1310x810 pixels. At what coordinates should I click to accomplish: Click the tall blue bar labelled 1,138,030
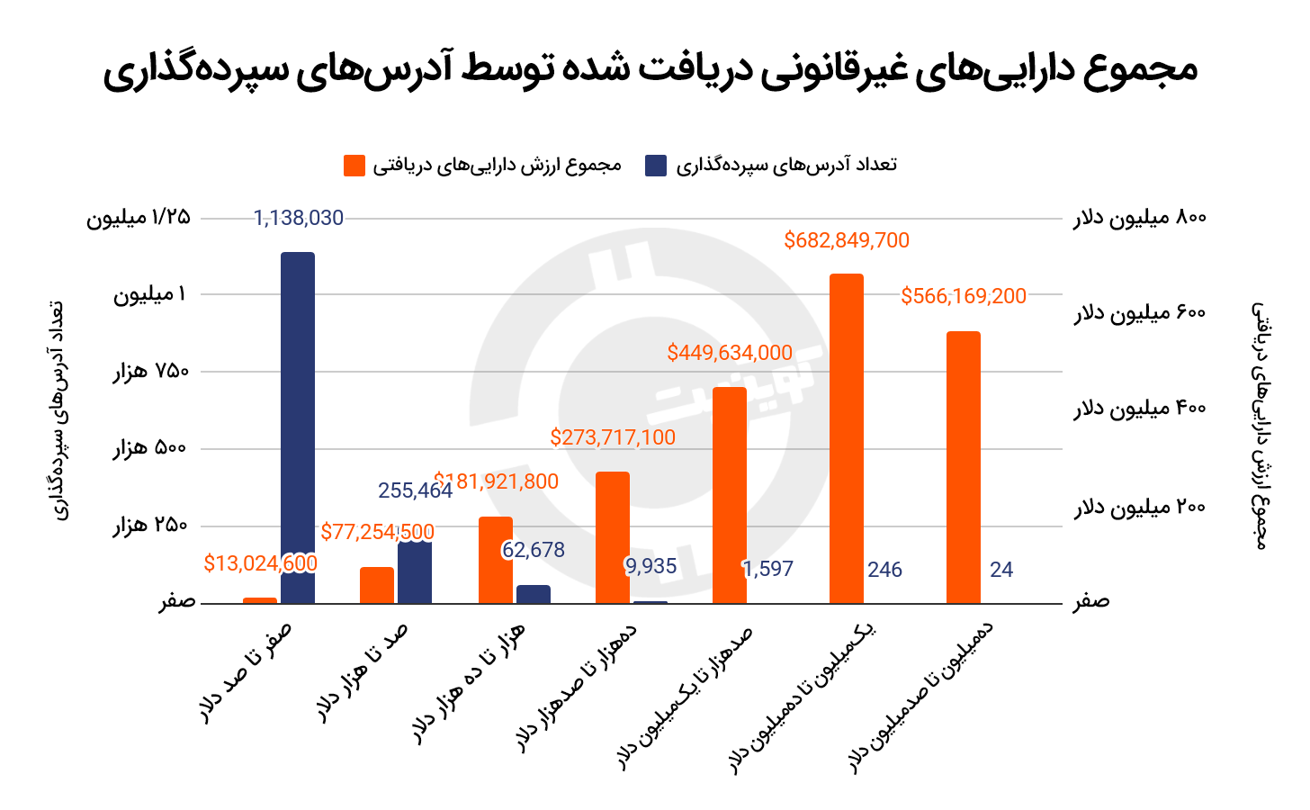click(x=298, y=427)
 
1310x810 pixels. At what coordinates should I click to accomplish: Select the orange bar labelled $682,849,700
click(x=847, y=438)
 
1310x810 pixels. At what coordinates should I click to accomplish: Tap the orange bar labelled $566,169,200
click(x=964, y=467)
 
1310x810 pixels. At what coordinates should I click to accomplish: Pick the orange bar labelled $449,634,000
click(x=730, y=495)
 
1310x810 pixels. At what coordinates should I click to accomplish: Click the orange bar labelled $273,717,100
click(x=613, y=537)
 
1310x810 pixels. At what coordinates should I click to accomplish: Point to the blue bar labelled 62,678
click(x=534, y=594)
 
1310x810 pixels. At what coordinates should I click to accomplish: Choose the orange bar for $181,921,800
click(x=496, y=560)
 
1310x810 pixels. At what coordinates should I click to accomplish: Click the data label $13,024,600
click(x=260, y=563)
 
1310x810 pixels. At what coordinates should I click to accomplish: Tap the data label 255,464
click(x=415, y=490)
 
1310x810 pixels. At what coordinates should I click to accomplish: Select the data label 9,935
click(x=651, y=566)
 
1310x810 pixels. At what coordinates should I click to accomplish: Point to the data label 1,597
click(x=767, y=569)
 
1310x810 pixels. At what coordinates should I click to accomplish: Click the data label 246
click(x=884, y=570)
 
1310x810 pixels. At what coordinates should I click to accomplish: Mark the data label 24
click(x=1001, y=570)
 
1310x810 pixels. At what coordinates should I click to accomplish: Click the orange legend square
click(x=354, y=166)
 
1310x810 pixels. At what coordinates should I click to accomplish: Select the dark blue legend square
click(x=656, y=166)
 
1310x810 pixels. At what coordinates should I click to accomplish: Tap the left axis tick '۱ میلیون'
click(x=151, y=294)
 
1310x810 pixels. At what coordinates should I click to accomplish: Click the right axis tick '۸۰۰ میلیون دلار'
click(x=1139, y=218)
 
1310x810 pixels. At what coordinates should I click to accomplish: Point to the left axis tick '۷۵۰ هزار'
click(x=151, y=372)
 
